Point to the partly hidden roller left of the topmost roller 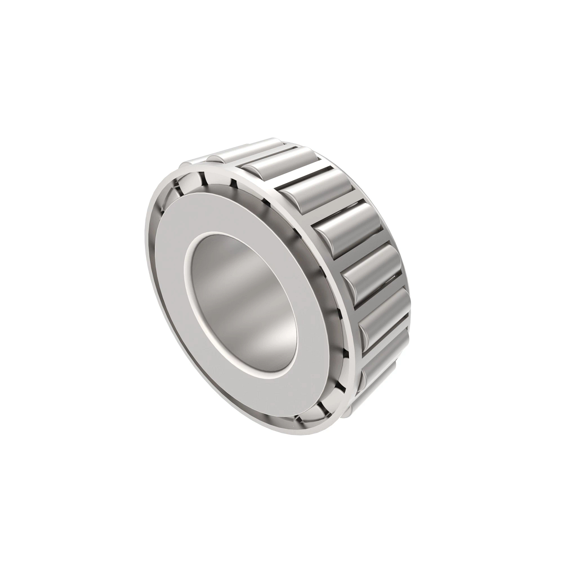pyautogui.click(x=225, y=155)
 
